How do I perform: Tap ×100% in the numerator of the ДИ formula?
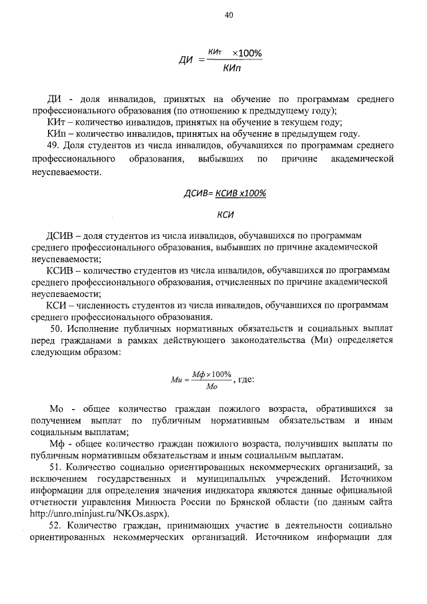246,53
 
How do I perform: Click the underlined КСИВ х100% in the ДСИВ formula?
241,194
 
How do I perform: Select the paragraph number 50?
57,329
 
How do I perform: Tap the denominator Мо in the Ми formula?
211,386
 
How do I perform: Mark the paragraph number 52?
57,525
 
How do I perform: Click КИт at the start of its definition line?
56,122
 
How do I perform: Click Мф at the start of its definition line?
59,444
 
